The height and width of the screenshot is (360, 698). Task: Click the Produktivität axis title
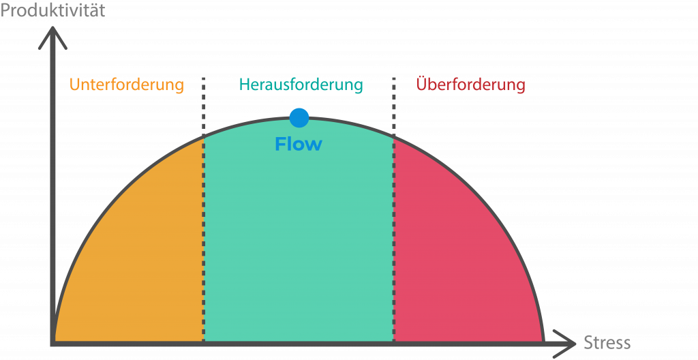tap(52, 12)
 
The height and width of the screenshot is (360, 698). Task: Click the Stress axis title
tap(607, 342)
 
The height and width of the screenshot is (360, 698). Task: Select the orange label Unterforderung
tap(127, 85)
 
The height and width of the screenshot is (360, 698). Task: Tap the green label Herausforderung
tap(301, 85)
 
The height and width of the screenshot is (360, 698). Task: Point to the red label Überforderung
tap(470, 85)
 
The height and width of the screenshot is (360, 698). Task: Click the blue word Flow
tap(299, 145)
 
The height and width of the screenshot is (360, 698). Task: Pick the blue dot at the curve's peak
tap(299, 117)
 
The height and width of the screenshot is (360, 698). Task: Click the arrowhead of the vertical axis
tap(52, 37)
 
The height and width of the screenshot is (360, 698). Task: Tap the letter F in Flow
tap(279, 145)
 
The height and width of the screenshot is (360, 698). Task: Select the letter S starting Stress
tap(588, 342)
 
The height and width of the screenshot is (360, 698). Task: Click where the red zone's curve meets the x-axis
tap(543, 342)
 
